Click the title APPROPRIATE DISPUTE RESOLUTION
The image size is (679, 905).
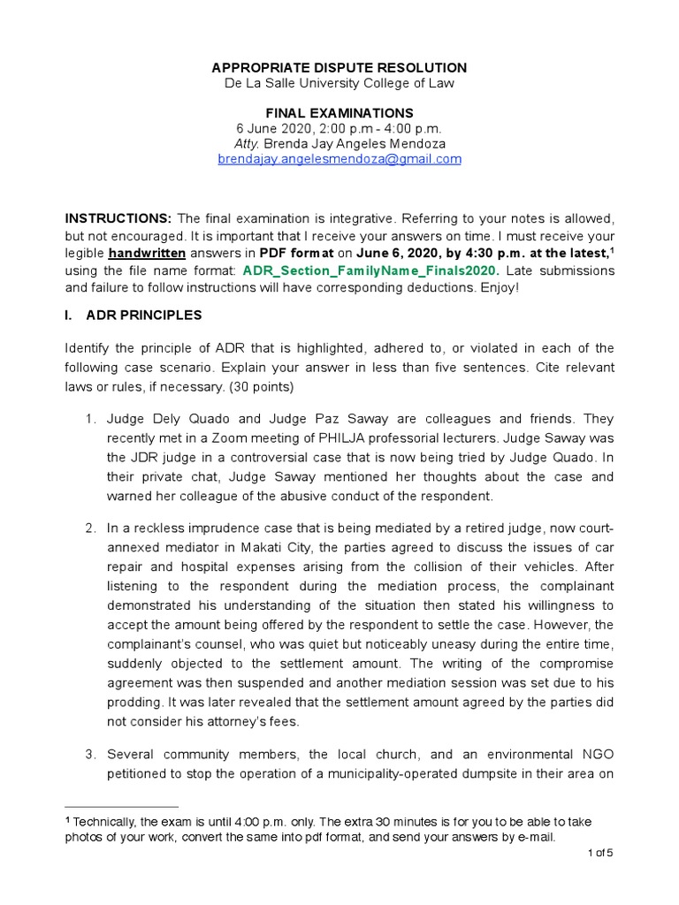[x=339, y=68]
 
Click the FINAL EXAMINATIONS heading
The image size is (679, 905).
[x=339, y=113]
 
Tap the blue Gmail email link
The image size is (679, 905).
[x=339, y=159]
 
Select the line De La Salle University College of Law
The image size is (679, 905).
[x=339, y=83]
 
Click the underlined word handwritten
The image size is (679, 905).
[x=146, y=252]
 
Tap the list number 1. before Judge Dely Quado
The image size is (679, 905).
[x=91, y=418]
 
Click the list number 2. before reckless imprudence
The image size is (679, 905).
[x=91, y=528]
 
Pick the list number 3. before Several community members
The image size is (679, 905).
[x=91, y=754]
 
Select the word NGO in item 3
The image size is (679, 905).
[x=597, y=754]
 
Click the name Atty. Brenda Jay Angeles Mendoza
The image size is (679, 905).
[x=339, y=144]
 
